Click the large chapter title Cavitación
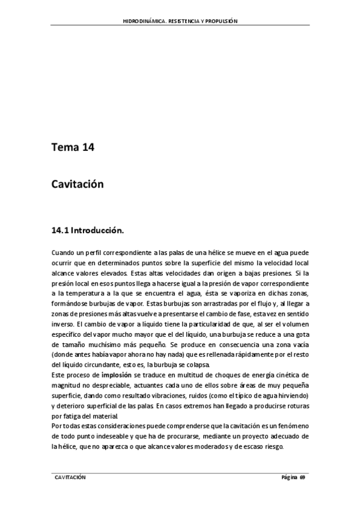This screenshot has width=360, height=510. tap(78, 184)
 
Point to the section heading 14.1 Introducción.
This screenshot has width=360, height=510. tap(87, 230)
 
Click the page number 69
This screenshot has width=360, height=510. tap(302, 477)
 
